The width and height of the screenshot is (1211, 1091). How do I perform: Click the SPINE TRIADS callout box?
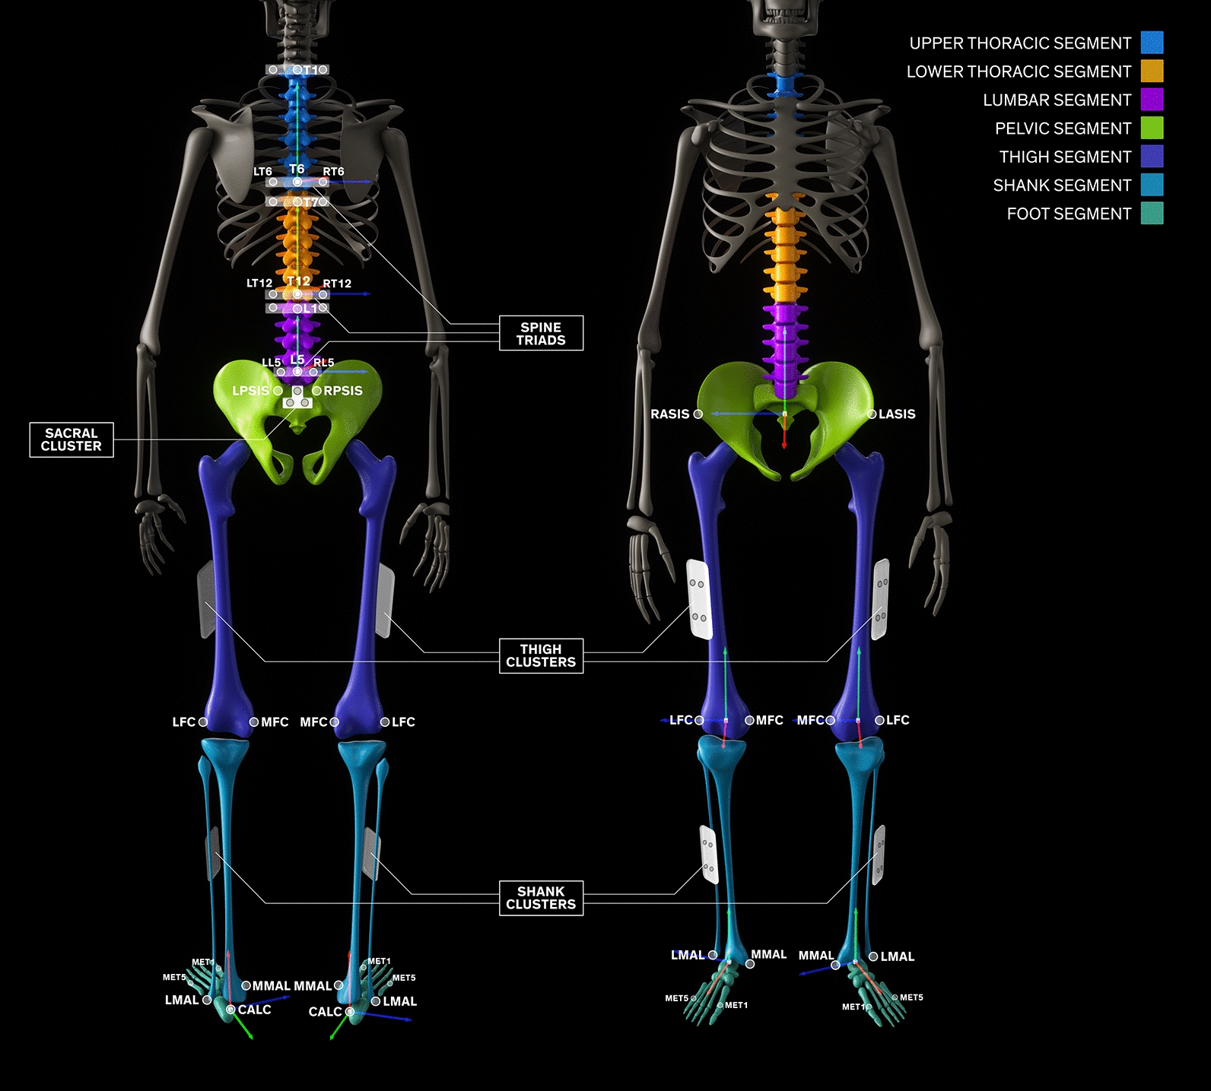pos(541,333)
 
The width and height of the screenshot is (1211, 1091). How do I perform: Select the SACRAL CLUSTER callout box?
pos(72,439)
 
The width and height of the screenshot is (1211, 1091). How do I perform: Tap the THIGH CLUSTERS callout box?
pos(541,655)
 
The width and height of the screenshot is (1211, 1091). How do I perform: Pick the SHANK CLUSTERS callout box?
pos(541,897)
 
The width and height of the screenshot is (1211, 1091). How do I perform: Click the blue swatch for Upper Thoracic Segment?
pos(1152,43)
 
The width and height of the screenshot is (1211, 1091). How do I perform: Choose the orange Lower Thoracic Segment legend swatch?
pos(1152,71)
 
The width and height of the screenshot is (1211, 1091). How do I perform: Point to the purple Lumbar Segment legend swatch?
pos(1152,100)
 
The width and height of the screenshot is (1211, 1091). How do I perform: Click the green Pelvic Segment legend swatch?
pos(1152,128)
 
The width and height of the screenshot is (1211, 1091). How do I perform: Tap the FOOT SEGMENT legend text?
pos(1069,214)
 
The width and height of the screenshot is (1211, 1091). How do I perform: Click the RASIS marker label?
pos(669,414)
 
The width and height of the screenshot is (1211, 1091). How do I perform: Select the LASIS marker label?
pos(897,414)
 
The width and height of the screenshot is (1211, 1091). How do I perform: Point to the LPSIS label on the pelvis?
pos(251,391)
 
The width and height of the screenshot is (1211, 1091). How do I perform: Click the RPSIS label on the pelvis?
pos(343,391)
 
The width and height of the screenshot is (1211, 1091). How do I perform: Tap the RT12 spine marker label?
pos(337,284)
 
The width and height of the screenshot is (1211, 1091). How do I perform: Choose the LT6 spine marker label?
pos(262,172)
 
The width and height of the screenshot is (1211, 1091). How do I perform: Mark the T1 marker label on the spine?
pos(311,70)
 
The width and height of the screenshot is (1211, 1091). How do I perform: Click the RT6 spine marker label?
pos(333,172)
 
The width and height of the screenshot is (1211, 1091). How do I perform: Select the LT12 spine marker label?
pos(259,284)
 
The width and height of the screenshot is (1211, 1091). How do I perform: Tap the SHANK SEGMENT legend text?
pos(1062,186)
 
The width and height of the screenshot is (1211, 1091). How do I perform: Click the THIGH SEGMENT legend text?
pos(1065,157)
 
